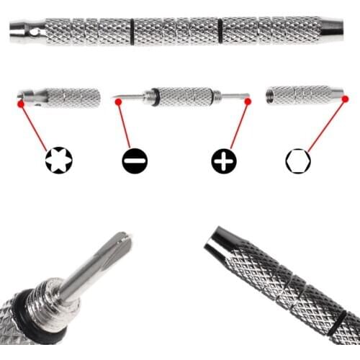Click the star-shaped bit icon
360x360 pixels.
coord(59,160)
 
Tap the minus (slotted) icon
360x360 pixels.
coord(135,161)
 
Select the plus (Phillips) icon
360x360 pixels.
coord(224,161)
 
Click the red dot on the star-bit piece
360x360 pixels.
coord(21,104)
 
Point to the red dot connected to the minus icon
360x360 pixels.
coord(118,102)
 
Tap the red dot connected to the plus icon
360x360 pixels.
coord(248,102)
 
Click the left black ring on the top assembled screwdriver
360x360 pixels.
coord(132,30)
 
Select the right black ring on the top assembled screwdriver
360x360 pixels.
coord(219,30)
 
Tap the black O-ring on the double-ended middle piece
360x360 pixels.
coord(154,97)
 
